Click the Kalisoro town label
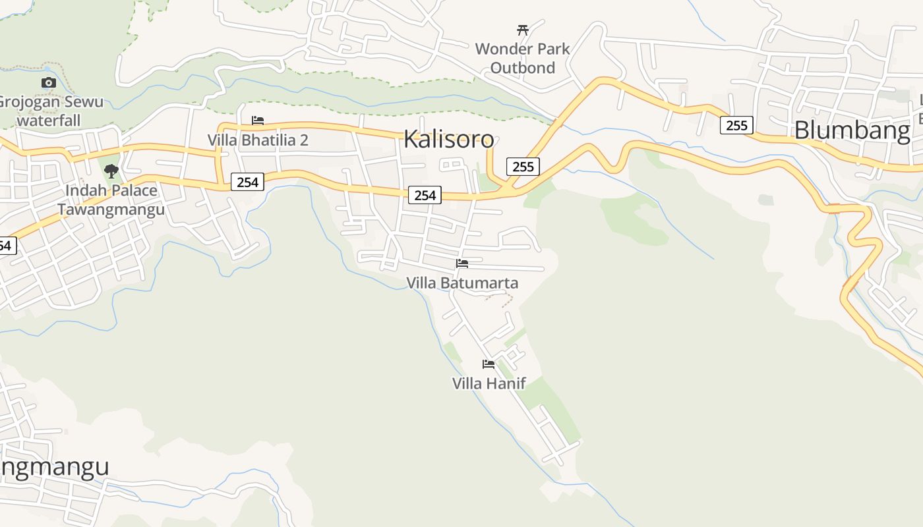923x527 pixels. (448, 139)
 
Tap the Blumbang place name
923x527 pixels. (852, 130)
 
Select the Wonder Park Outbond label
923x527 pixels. (522, 58)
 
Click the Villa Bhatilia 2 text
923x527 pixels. (258, 140)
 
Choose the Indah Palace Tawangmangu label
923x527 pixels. (111, 200)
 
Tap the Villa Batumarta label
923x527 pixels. (462, 283)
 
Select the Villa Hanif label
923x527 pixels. (489, 383)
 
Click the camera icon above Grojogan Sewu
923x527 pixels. (49, 83)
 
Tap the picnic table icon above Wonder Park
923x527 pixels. (523, 30)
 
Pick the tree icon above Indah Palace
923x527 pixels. (111, 171)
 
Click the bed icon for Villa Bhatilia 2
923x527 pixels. (258, 121)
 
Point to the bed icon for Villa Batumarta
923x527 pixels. (462, 263)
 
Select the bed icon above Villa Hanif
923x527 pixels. (489, 364)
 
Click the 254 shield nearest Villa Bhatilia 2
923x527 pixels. (247, 182)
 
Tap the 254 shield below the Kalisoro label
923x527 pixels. (425, 195)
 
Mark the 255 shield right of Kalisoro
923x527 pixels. (523, 167)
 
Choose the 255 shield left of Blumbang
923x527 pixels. (736, 125)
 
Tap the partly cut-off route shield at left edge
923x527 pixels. (6, 246)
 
